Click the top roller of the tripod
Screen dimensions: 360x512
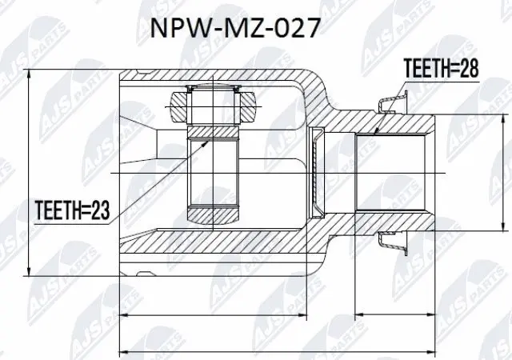(213, 102)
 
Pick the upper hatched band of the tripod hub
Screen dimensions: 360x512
(214, 131)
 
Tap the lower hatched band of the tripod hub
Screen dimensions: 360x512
(214, 214)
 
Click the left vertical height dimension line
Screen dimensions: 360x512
(30, 172)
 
